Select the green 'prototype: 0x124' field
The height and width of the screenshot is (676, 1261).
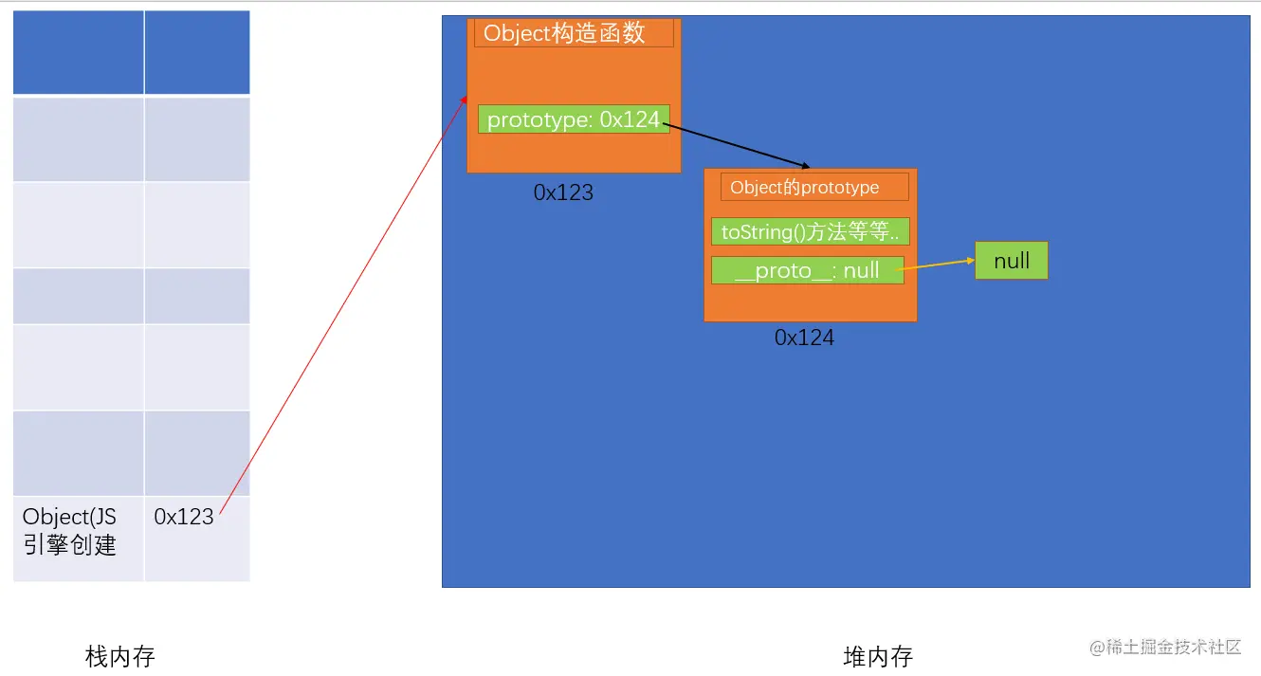[574, 119]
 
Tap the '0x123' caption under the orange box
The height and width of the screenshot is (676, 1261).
[563, 192]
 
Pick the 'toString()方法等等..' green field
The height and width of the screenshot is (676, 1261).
[811, 231]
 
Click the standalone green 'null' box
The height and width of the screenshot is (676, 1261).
[1012, 261]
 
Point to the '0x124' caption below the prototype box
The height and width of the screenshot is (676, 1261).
[804, 338]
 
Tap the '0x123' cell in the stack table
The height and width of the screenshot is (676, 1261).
[184, 517]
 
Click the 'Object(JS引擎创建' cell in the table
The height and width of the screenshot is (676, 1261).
[70, 531]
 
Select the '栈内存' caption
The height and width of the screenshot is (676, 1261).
[119, 656]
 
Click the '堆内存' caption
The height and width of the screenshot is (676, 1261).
[877, 656]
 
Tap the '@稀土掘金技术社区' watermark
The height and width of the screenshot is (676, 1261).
[1165, 647]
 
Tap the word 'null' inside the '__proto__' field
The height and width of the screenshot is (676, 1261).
[861, 270]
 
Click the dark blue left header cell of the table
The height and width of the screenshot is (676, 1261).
[79, 53]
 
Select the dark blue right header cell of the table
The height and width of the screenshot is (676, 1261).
[197, 53]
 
